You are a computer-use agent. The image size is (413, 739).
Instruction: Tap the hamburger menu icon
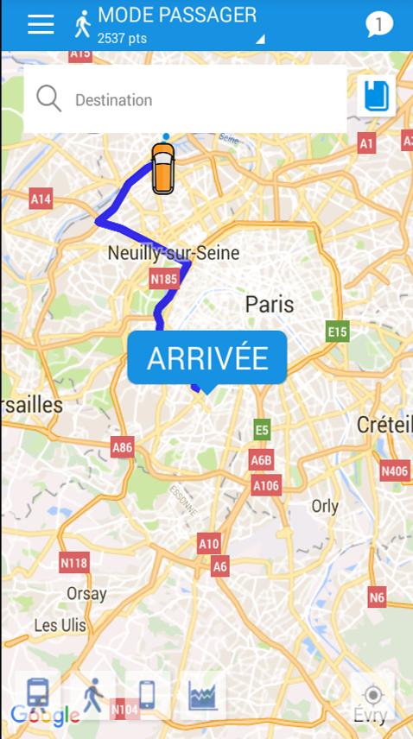click(x=41, y=24)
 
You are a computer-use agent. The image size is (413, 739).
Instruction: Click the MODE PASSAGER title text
click(x=176, y=15)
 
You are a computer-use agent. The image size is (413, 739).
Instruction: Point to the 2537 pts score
click(x=122, y=38)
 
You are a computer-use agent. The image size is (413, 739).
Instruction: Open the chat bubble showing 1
click(x=378, y=24)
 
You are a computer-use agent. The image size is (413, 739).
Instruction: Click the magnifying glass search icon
click(x=49, y=99)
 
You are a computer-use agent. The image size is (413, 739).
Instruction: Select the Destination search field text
click(x=113, y=100)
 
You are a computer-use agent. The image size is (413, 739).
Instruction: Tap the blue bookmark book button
click(x=377, y=95)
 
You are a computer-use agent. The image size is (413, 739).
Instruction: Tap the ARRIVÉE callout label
click(x=206, y=358)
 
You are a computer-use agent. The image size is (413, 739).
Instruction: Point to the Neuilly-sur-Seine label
click(x=173, y=253)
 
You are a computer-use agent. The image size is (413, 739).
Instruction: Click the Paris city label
click(x=269, y=304)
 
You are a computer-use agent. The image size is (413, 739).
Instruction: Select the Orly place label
click(x=325, y=506)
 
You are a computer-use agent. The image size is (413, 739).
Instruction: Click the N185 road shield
click(x=163, y=279)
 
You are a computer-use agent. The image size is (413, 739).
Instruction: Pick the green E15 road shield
click(x=337, y=332)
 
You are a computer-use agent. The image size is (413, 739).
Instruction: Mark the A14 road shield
click(x=41, y=199)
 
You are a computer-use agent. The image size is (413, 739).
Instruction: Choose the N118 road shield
click(x=74, y=563)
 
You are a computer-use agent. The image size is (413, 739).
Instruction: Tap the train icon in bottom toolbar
click(x=38, y=694)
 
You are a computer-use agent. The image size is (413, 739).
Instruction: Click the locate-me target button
click(x=372, y=695)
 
